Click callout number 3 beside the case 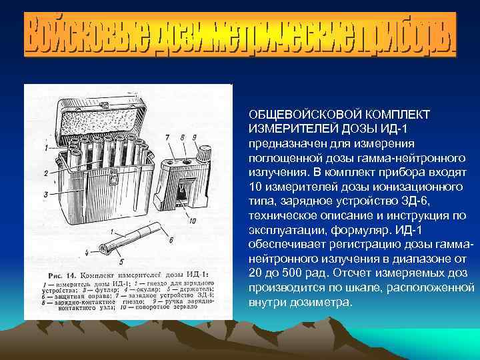coord(45,194)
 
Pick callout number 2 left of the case coord(45,173)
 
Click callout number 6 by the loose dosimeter coord(171,239)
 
